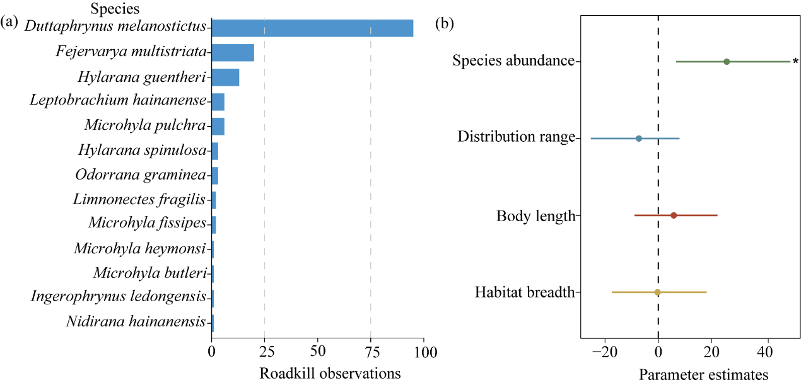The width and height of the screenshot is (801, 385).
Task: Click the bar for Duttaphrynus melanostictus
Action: (312, 28)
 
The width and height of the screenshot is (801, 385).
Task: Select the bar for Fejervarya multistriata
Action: (233, 53)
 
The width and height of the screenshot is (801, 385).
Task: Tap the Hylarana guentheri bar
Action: (225, 78)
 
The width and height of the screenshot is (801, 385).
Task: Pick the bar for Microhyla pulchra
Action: (218, 126)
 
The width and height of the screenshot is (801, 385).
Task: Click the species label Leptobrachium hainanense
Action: (118, 101)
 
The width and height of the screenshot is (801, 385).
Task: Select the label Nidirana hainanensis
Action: (136, 322)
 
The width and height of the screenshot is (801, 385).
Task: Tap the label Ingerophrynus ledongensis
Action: (118, 297)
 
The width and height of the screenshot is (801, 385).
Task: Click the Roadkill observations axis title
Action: (330, 373)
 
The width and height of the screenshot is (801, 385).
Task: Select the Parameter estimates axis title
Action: (703, 375)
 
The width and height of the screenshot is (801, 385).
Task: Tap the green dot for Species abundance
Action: (727, 62)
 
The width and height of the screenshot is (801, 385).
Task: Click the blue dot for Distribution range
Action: (639, 139)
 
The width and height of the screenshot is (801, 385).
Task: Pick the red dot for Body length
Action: (674, 215)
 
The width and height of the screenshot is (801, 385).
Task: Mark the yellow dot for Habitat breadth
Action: (657, 292)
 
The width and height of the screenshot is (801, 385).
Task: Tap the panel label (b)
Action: (445, 25)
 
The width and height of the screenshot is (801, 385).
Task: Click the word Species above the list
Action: (115, 9)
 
